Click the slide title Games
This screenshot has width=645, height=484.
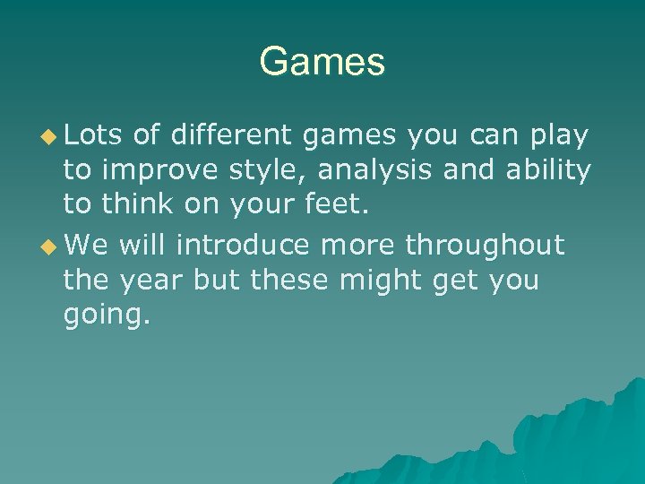pyautogui.click(x=322, y=62)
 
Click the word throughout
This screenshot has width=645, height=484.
pyautogui.click(x=485, y=244)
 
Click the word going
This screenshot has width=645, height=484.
pyautogui.click(x=102, y=316)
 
